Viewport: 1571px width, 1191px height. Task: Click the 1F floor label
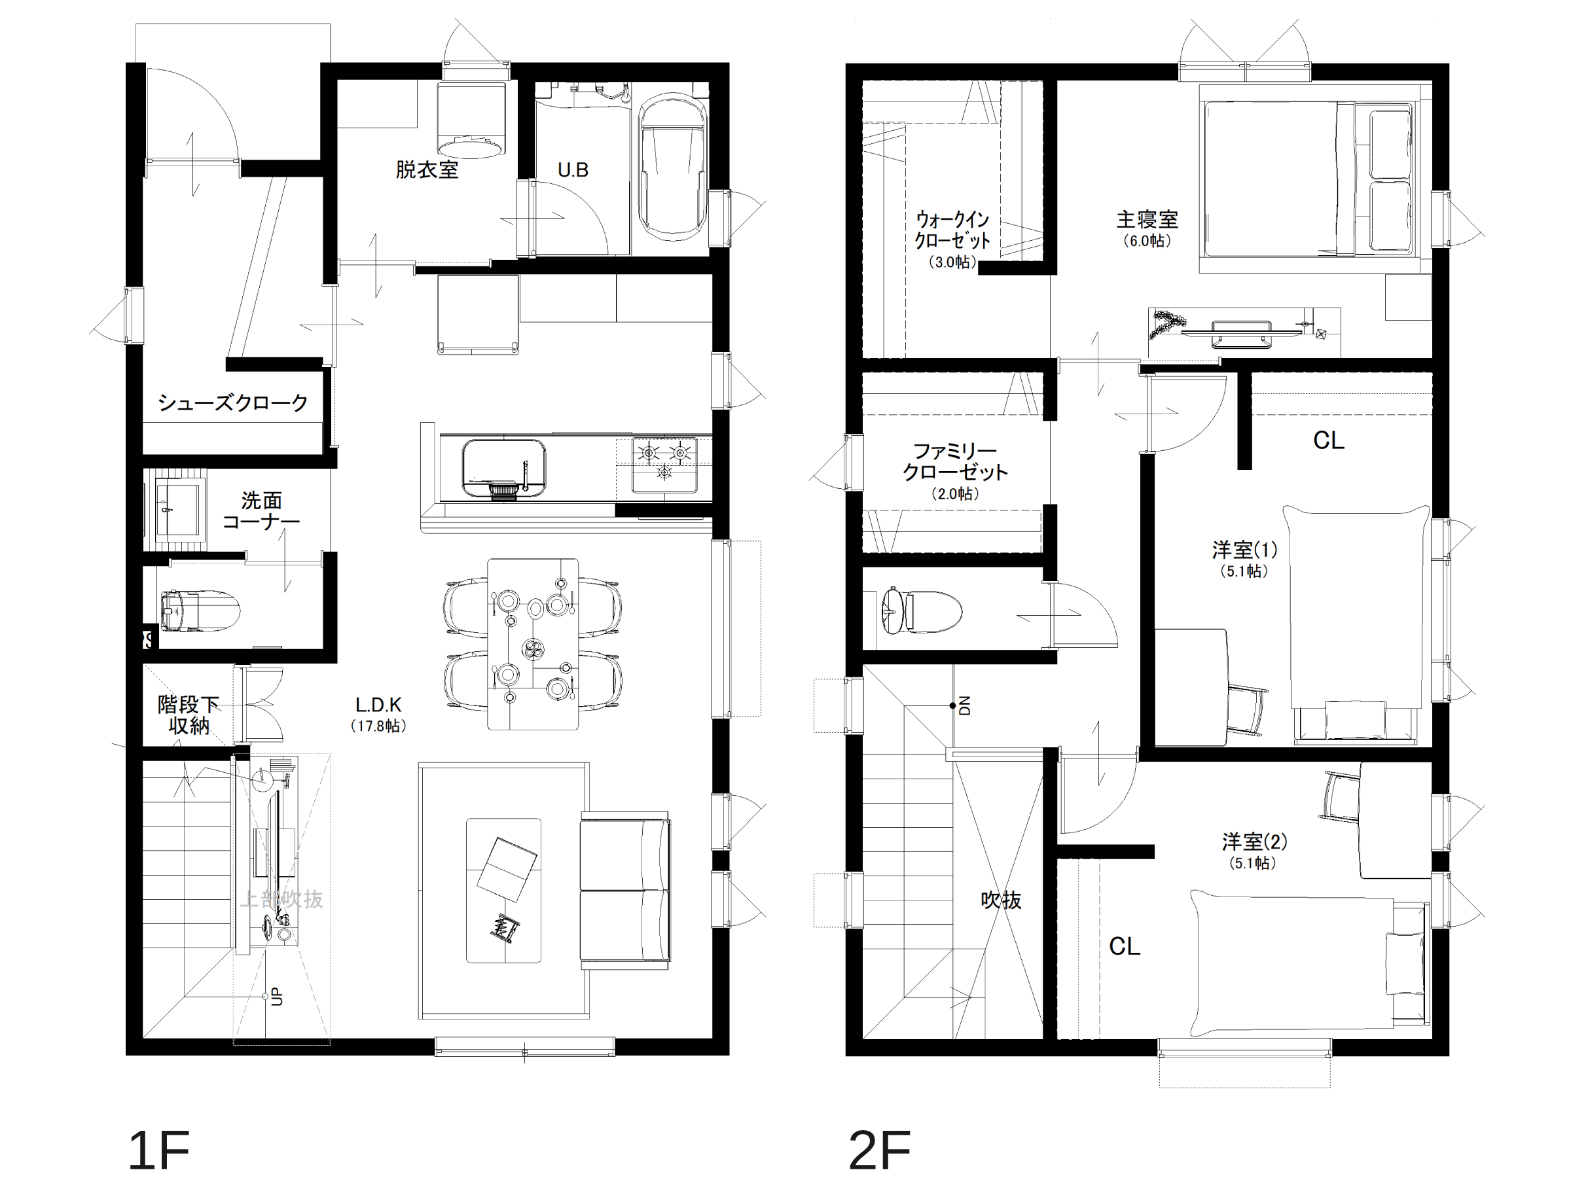(158, 1150)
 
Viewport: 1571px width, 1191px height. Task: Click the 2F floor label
(879, 1150)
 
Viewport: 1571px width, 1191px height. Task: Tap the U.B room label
(573, 169)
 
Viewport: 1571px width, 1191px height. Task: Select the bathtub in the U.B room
(672, 166)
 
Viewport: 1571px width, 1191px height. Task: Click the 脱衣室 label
(427, 169)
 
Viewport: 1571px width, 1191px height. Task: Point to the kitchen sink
(504, 468)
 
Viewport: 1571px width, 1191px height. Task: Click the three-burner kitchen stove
(664, 465)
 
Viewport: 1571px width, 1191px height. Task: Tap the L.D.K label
(378, 705)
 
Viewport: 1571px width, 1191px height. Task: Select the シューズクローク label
(233, 402)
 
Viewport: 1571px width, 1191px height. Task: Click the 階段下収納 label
(189, 715)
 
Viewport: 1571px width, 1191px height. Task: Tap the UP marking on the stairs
(277, 997)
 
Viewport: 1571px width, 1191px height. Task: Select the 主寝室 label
(1147, 219)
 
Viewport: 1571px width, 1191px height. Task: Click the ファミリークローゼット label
(955, 461)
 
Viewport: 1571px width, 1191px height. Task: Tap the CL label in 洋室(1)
(1329, 440)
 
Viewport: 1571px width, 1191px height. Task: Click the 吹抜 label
(1002, 900)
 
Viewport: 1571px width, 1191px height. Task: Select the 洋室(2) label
(1254, 842)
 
